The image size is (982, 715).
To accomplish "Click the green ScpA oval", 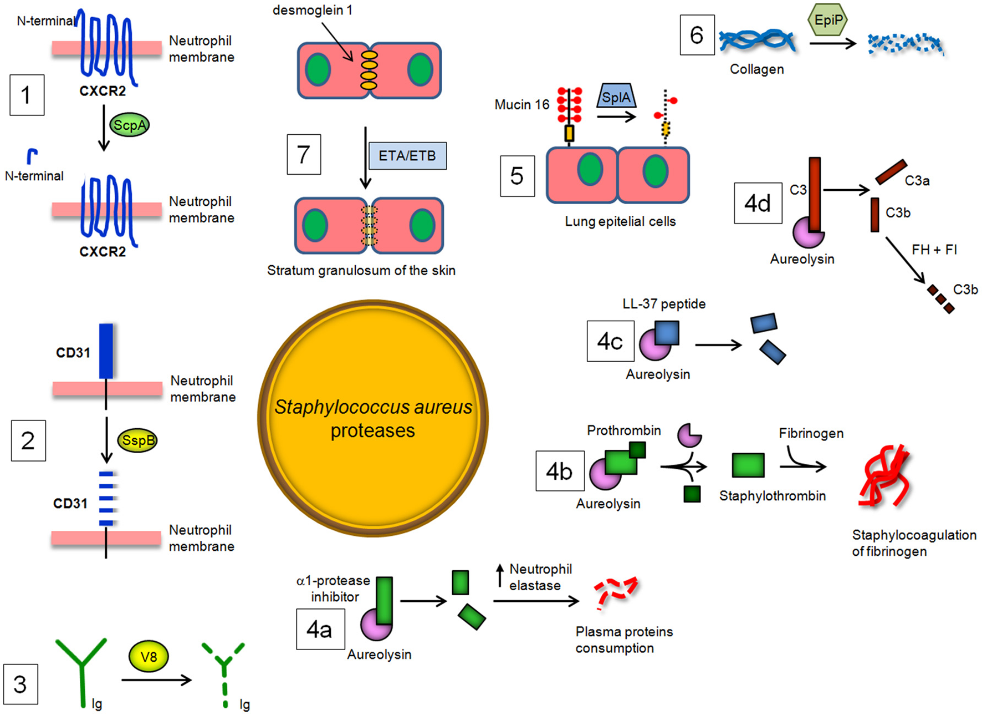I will tap(130, 125).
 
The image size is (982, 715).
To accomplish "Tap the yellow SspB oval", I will tap(137, 440).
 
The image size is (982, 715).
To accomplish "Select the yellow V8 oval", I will tap(149, 657).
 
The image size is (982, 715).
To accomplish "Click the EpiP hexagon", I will tap(828, 21).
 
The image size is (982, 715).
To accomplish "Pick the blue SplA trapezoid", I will tap(616, 98).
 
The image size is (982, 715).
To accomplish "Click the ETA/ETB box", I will tap(407, 156).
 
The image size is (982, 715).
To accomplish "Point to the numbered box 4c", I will tap(610, 341).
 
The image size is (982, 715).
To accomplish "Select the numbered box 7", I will tap(304, 154).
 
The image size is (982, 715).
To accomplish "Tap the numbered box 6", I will tap(697, 35).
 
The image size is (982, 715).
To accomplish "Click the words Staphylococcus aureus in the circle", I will tap(373, 407).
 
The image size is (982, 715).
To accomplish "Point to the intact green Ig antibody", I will tap(81, 669).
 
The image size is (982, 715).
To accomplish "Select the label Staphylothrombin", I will tap(772, 496).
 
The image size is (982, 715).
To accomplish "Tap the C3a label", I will tap(917, 181).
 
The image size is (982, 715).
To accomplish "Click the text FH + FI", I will tap(934, 250).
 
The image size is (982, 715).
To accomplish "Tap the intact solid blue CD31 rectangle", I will tap(106, 351).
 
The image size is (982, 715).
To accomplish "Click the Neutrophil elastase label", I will tap(540, 577).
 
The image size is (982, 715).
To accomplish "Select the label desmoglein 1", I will tap(312, 10).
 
